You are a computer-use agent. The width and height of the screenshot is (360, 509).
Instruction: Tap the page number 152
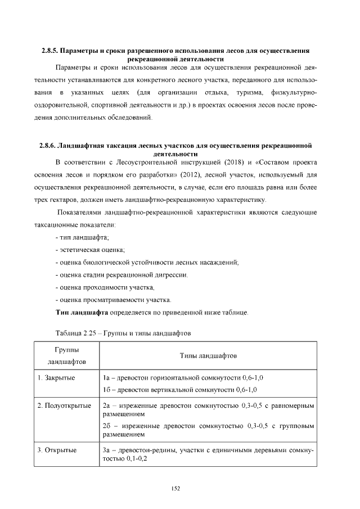pos(175,488)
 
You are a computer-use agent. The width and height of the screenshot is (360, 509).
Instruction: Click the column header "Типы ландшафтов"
pos(208,356)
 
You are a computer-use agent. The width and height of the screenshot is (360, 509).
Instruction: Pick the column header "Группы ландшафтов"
pos(66,356)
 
